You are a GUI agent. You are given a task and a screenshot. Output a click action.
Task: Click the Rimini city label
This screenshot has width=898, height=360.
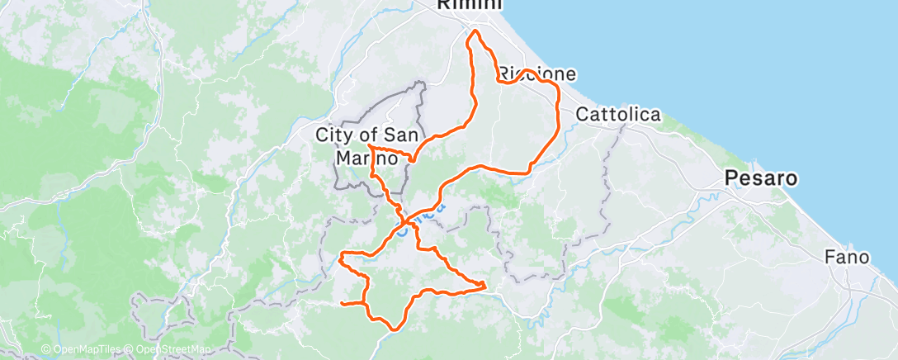click(469, 5)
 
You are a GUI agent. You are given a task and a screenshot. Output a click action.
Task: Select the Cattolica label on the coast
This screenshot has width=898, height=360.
click(617, 115)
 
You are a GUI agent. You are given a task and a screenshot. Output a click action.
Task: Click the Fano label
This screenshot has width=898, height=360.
click(847, 258)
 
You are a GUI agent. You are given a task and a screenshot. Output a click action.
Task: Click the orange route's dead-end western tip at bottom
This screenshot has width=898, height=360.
click(342, 304)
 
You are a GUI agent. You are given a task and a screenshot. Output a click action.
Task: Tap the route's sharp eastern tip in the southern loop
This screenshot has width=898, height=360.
click(484, 286)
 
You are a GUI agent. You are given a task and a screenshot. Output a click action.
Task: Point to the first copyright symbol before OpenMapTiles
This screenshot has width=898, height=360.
click(46, 350)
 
